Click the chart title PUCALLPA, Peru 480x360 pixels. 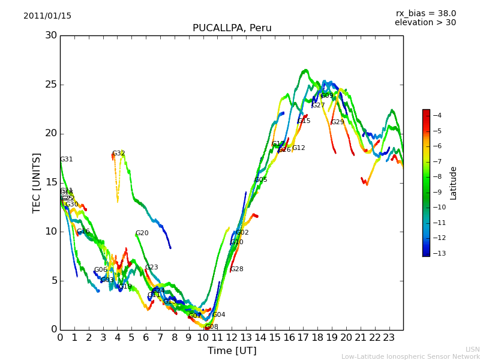click(x=232, y=28)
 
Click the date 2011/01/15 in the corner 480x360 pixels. click(x=47, y=16)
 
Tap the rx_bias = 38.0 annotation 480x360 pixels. click(x=425, y=13)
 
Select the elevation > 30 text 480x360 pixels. click(x=425, y=23)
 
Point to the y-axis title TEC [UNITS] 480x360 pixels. click(x=37, y=182)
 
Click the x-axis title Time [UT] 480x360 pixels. click(x=232, y=350)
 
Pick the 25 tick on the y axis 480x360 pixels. click(x=51, y=85)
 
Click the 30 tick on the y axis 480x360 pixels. click(x=51, y=35)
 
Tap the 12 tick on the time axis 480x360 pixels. click(x=232, y=337)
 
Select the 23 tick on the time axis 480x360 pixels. click(x=389, y=337)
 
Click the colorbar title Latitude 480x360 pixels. click(x=454, y=183)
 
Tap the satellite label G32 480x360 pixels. click(x=118, y=154)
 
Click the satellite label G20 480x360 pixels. click(x=142, y=233)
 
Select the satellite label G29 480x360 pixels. click(x=337, y=122)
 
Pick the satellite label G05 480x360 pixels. click(x=260, y=180)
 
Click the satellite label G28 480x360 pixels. click(x=236, y=269)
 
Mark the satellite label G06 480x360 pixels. click(x=100, y=270)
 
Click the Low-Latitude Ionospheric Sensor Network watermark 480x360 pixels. click(x=410, y=356)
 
